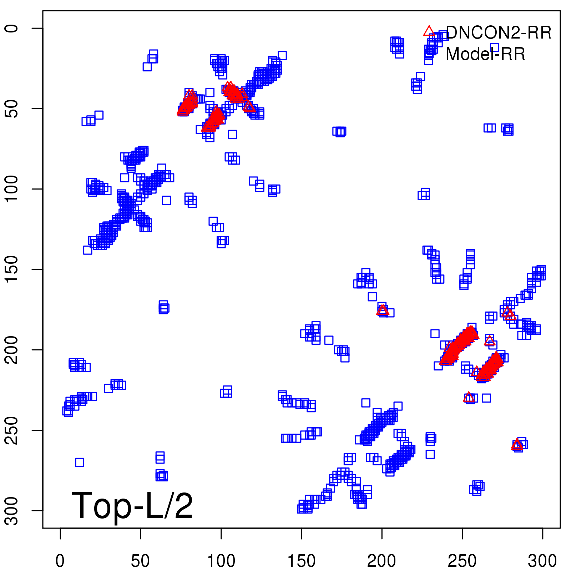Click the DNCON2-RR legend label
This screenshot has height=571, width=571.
click(x=499, y=33)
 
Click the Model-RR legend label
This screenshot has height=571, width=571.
click(x=485, y=54)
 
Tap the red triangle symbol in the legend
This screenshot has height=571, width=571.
click(x=429, y=31)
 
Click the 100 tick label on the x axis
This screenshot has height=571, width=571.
click(x=221, y=561)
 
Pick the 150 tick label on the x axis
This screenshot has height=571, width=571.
click(x=302, y=561)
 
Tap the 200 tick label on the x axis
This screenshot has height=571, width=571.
click(x=381, y=561)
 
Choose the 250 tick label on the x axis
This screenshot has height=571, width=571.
click(x=462, y=561)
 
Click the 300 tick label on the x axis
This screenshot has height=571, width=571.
click(x=542, y=561)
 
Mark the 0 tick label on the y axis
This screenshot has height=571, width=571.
click(x=12, y=28)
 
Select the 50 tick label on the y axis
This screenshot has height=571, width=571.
click(x=12, y=108)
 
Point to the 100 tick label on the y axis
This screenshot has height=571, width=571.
click(x=12, y=189)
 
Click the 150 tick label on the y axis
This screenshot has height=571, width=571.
click(x=12, y=269)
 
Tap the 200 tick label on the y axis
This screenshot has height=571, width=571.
click(x=12, y=350)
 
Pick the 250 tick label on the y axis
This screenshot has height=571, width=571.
click(x=12, y=430)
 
